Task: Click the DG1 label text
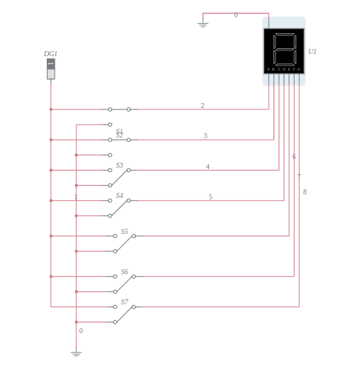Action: coord(50,54)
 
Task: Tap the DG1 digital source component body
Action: coord(50,69)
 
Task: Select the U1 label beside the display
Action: coord(312,52)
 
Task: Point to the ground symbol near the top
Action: coord(203,24)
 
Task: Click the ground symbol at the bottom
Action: coord(76,353)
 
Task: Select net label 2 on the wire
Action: coord(202,106)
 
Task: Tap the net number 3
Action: coord(205,136)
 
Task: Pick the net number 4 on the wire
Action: coord(207,167)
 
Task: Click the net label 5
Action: coord(210,197)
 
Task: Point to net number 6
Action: coord(294,157)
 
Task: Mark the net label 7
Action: coord(299,177)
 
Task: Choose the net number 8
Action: coord(305,192)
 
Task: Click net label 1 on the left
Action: coord(76,197)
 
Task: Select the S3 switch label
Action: coord(120,166)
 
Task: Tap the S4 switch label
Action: coord(120,196)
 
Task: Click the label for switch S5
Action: coord(125,232)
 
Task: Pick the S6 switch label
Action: coord(125,272)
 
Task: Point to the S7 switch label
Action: coord(125,302)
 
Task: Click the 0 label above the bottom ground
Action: coord(81,331)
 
